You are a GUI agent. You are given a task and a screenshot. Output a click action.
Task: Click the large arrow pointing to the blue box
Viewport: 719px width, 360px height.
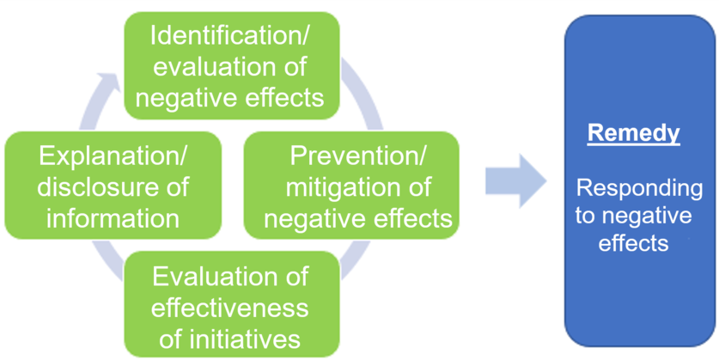[515, 181]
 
